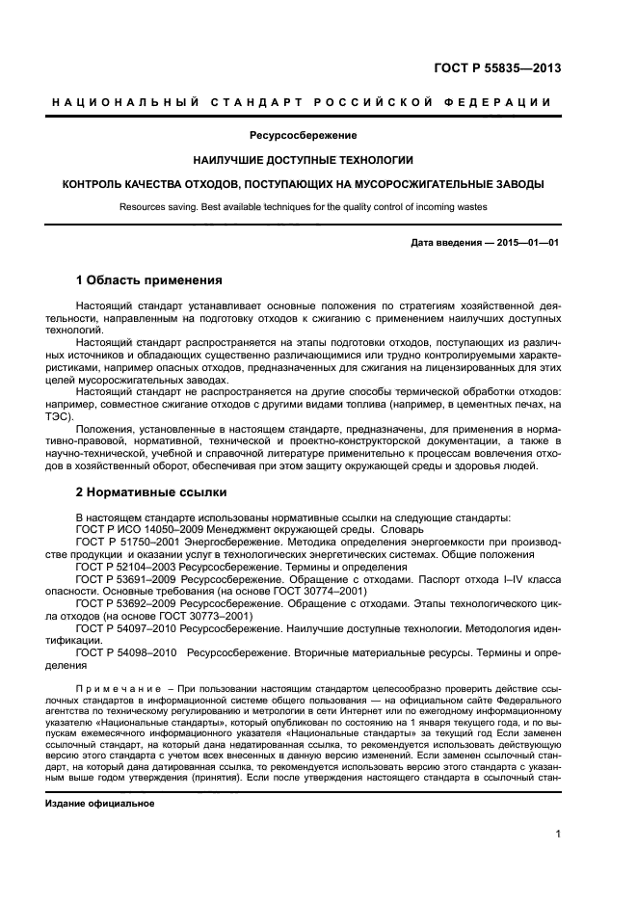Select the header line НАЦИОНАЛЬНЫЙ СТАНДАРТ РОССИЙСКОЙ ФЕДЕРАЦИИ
[x=302, y=103]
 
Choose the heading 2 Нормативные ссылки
[x=150, y=491]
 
